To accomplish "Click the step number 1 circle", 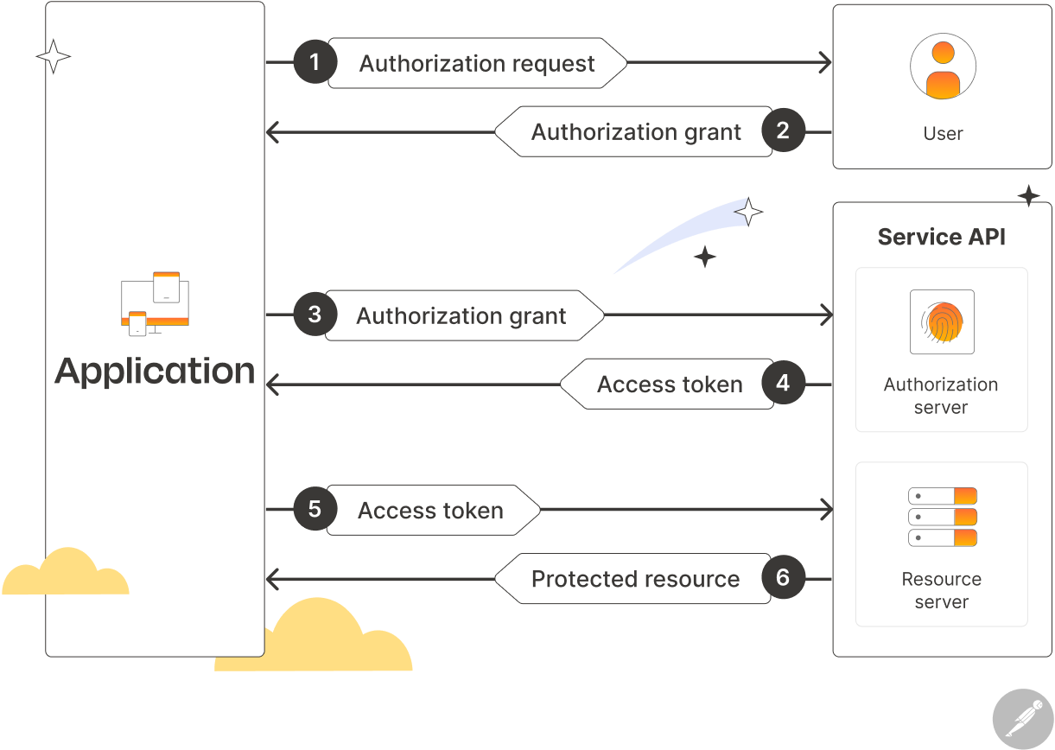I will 315,62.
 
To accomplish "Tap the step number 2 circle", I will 783,131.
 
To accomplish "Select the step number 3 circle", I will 315,315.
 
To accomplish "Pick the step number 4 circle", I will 783,384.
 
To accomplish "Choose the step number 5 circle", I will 315,510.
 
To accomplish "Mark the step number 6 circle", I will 783,578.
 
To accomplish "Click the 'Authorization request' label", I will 477,64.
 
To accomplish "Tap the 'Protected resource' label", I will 635,579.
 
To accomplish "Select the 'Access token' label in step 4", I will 670,385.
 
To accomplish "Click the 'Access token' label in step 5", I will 430,511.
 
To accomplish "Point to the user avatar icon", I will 943,68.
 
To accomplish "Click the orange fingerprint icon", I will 942,322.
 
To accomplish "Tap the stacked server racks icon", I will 942,517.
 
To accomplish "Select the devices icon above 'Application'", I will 156,304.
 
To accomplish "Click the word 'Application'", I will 156,371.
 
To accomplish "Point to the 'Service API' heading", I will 941,237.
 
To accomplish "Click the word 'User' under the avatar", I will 943,134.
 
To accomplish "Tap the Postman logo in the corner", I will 1023,718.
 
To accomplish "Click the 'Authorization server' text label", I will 941,396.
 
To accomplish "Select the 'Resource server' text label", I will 941,590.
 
